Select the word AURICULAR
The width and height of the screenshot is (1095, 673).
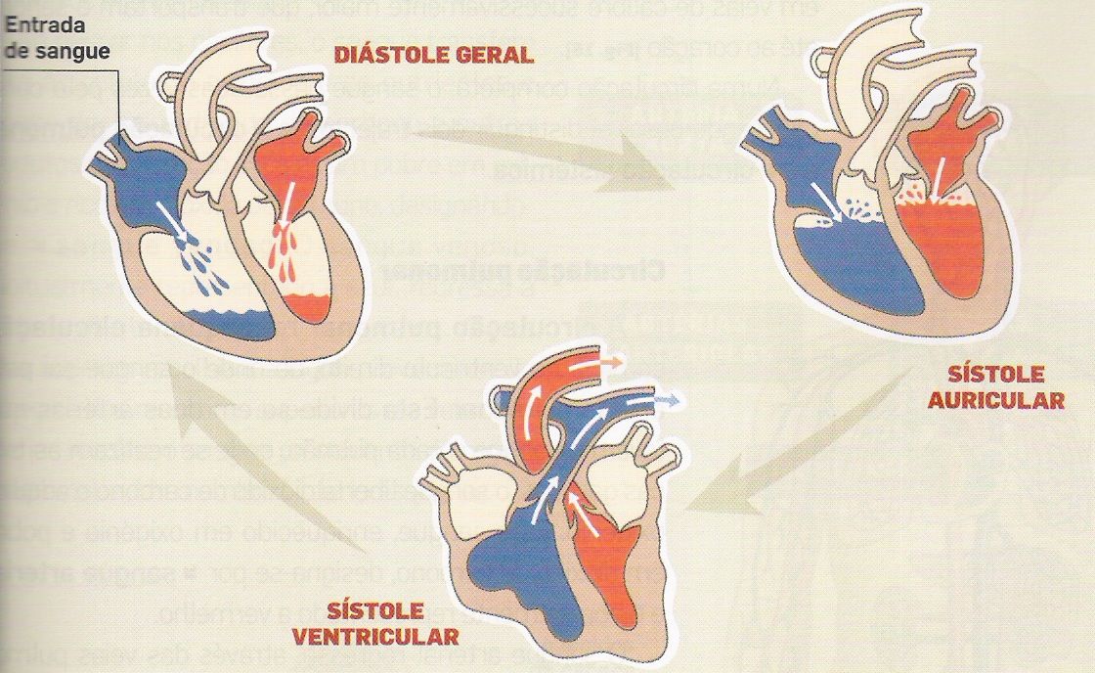[x=1010, y=401]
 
